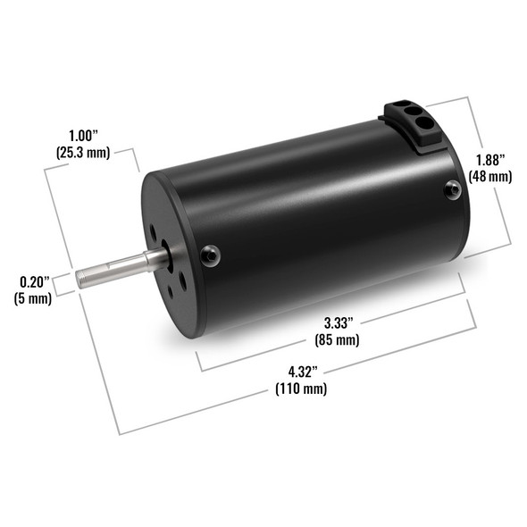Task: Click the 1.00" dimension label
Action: [x=83, y=136]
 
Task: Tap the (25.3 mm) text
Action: [x=83, y=153]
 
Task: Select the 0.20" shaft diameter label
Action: [x=34, y=282]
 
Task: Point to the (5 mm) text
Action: [x=33, y=298]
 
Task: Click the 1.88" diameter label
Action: [x=490, y=160]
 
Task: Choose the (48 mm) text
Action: [x=490, y=177]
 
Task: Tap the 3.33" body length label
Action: [x=339, y=323]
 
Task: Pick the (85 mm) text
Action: [x=337, y=339]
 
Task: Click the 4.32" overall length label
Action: [x=303, y=372]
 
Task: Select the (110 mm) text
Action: [x=301, y=389]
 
